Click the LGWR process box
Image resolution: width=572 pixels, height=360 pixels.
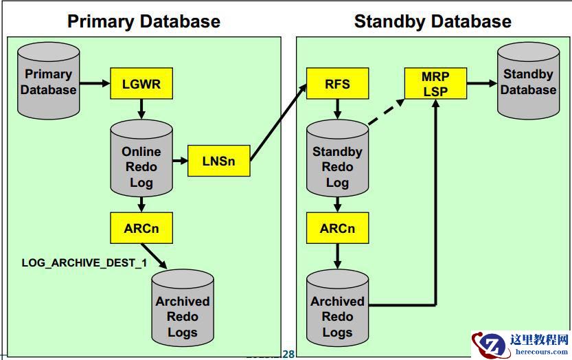141,85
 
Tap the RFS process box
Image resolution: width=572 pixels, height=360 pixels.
337,85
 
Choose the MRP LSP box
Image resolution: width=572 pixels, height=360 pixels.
435,83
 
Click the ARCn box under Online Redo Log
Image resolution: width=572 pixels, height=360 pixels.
141,228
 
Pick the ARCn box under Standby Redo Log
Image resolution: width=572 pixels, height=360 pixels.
337,228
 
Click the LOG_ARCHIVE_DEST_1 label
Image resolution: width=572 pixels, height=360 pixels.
84,262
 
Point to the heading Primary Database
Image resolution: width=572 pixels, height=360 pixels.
144,21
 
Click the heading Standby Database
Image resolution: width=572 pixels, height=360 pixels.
433,21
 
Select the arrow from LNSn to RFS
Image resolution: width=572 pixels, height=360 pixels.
278,124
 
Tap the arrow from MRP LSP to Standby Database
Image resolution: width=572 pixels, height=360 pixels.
482,83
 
